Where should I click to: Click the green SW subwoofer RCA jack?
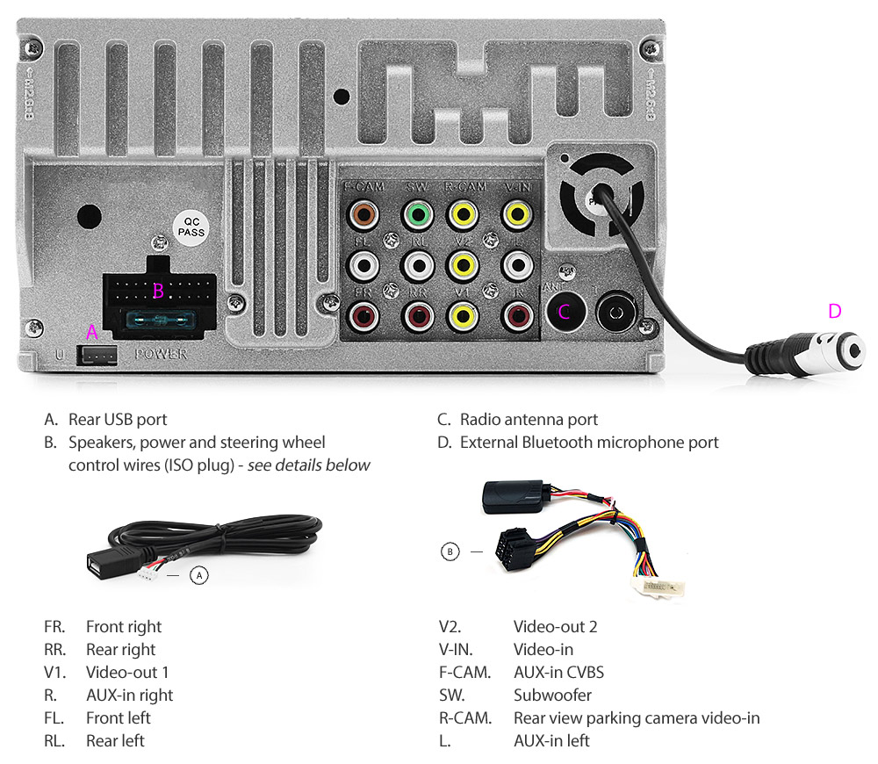coord(419,213)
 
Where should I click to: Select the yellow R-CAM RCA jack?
coord(464,213)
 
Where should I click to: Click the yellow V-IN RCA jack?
coord(516,213)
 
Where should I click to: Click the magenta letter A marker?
coord(91,332)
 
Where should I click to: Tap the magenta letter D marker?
coord(834,311)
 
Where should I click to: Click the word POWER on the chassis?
coord(161,355)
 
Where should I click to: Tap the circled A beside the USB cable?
coord(199,575)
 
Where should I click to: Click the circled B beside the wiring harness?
coord(450,551)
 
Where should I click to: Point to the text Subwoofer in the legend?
coord(552,695)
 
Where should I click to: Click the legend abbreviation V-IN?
coord(456,649)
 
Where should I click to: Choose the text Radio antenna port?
coord(529,420)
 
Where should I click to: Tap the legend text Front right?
coord(124,626)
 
